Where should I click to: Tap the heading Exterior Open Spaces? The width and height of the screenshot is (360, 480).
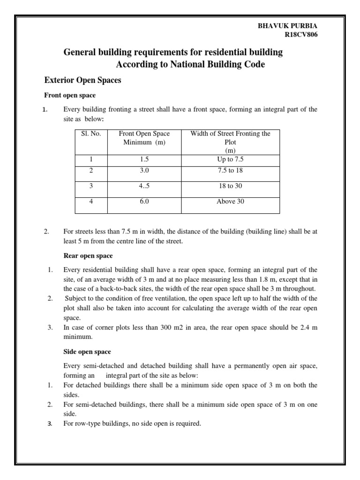tap(82, 80)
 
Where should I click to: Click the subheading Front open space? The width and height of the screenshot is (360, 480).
tap(70, 95)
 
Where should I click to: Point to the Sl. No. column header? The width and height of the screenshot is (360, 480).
tap(91, 134)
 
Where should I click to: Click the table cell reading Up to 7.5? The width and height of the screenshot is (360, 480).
tap(230, 159)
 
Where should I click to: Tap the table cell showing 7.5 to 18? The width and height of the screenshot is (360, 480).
tap(230, 170)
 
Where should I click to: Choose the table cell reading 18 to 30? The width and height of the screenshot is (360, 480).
tap(230, 186)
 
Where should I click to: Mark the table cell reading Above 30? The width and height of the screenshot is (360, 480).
tap(230, 202)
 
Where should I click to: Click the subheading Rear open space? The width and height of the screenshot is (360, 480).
tap(88, 255)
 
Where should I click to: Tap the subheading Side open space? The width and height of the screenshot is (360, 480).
tap(87, 351)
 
